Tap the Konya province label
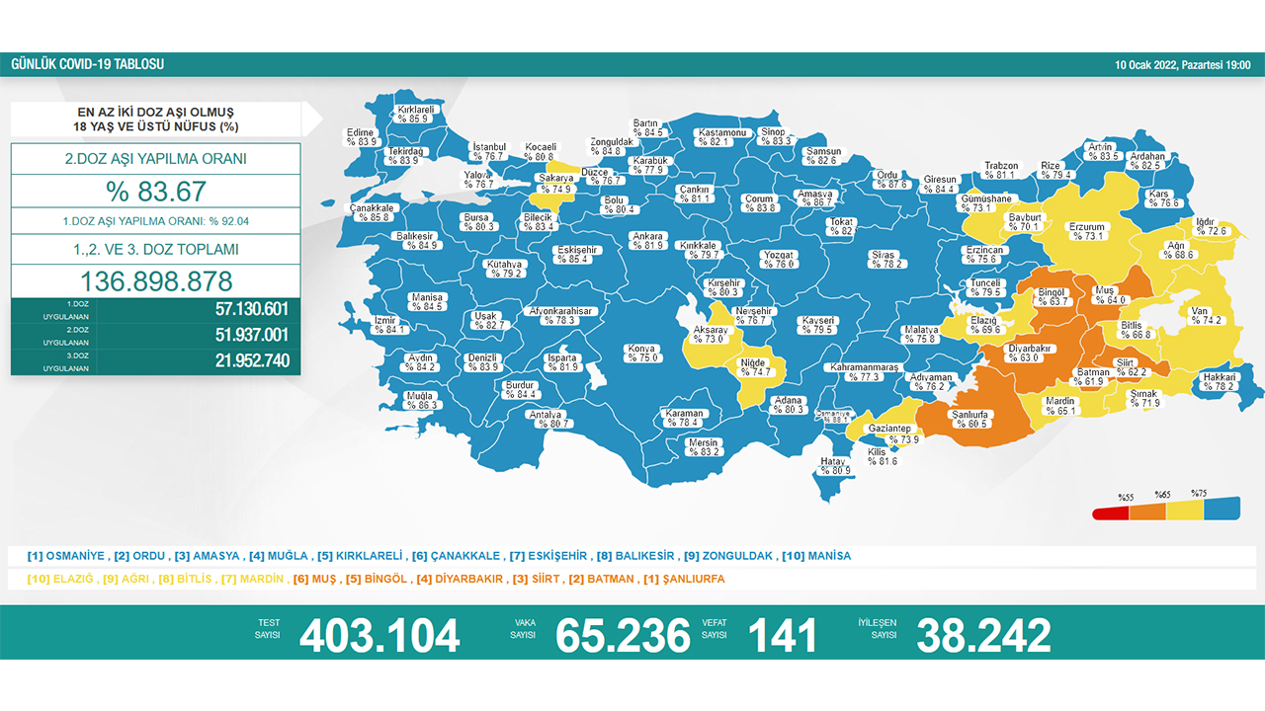[642, 348]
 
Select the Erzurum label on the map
[1087, 227]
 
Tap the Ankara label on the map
[648, 236]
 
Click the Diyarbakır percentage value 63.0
[1029, 358]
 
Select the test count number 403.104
[379, 636]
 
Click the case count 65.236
[623, 636]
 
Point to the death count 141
[784, 636]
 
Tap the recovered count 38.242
[983, 636]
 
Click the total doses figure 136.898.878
[156, 280]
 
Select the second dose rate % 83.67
[156, 191]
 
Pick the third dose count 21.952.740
[252, 361]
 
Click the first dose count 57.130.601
[252, 310]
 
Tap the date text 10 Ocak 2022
[1146, 65]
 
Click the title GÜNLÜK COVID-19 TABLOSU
[87, 65]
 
